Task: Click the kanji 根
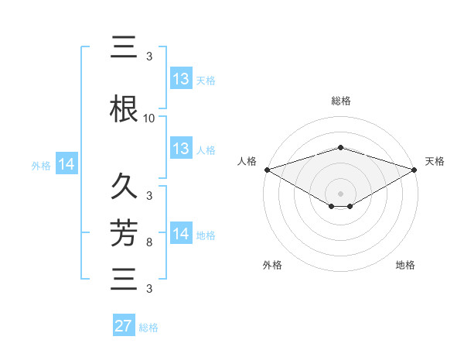point(124,110)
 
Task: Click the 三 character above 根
point(124,48)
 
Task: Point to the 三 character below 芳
point(124,279)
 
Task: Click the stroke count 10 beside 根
point(149,118)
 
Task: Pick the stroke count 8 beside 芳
point(149,243)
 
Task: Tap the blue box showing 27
point(124,326)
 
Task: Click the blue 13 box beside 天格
point(181,79)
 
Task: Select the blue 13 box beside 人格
point(181,149)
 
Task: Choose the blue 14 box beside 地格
point(181,234)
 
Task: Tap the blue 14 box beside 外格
point(67,164)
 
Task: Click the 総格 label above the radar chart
point(340,101)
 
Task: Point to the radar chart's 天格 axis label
point(435,161)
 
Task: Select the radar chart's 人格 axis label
point(247,161)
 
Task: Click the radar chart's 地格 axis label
point(405,265)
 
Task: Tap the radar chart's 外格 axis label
point(272,265)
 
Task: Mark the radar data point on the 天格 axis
point(415,169)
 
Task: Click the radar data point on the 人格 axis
point(267,169)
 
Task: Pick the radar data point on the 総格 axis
point(340,147)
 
